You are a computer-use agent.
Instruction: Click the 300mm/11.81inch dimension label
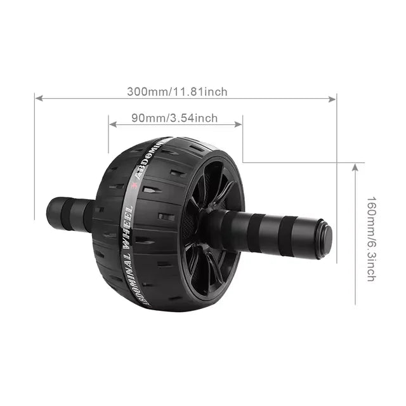point(177,91)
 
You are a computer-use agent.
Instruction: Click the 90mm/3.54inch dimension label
point(174,117)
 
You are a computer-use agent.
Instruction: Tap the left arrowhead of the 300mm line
point(39,98)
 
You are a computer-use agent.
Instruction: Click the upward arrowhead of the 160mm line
point(356,167)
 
